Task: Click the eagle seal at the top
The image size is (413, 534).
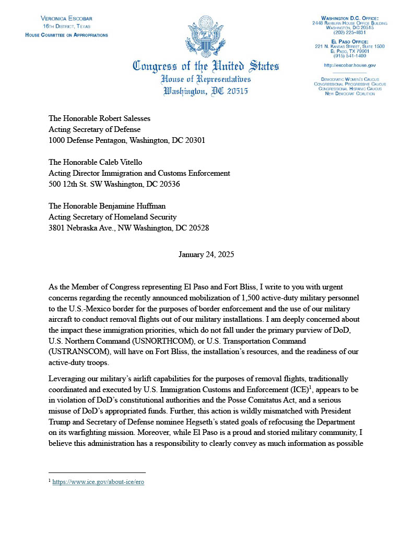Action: pos(206,38)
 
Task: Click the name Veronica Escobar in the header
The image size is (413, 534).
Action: pos(66,18)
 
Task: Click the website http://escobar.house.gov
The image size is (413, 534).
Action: pos(350,65)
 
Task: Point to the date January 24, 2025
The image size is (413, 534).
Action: pos(206,255)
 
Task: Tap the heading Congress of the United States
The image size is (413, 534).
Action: pos(206,67)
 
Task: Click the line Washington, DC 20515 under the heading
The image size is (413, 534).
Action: pos(206,91)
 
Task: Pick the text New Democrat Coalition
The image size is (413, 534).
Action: pos(350,94)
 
